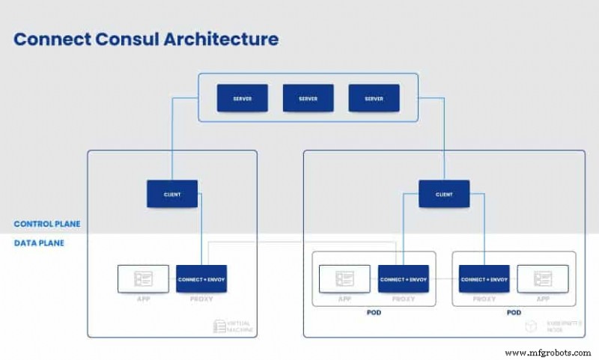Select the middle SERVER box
[308, 98]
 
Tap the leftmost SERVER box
[242, 98]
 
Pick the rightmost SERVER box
[374, 98]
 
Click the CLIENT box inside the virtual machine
[172, 194]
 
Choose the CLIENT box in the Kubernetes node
[444, 194]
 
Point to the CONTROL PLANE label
[46, 224]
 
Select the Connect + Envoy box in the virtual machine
[201, 279]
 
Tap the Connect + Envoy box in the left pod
[403, 279]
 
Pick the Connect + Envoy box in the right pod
[484, 279]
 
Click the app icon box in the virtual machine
[142, 279]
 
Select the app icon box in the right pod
[543, 279]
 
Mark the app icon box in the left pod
[344, 279]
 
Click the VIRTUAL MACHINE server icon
[219, 326]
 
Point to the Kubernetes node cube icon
[530, 326]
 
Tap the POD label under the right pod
[514, 312]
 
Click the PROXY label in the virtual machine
[201, 299]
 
